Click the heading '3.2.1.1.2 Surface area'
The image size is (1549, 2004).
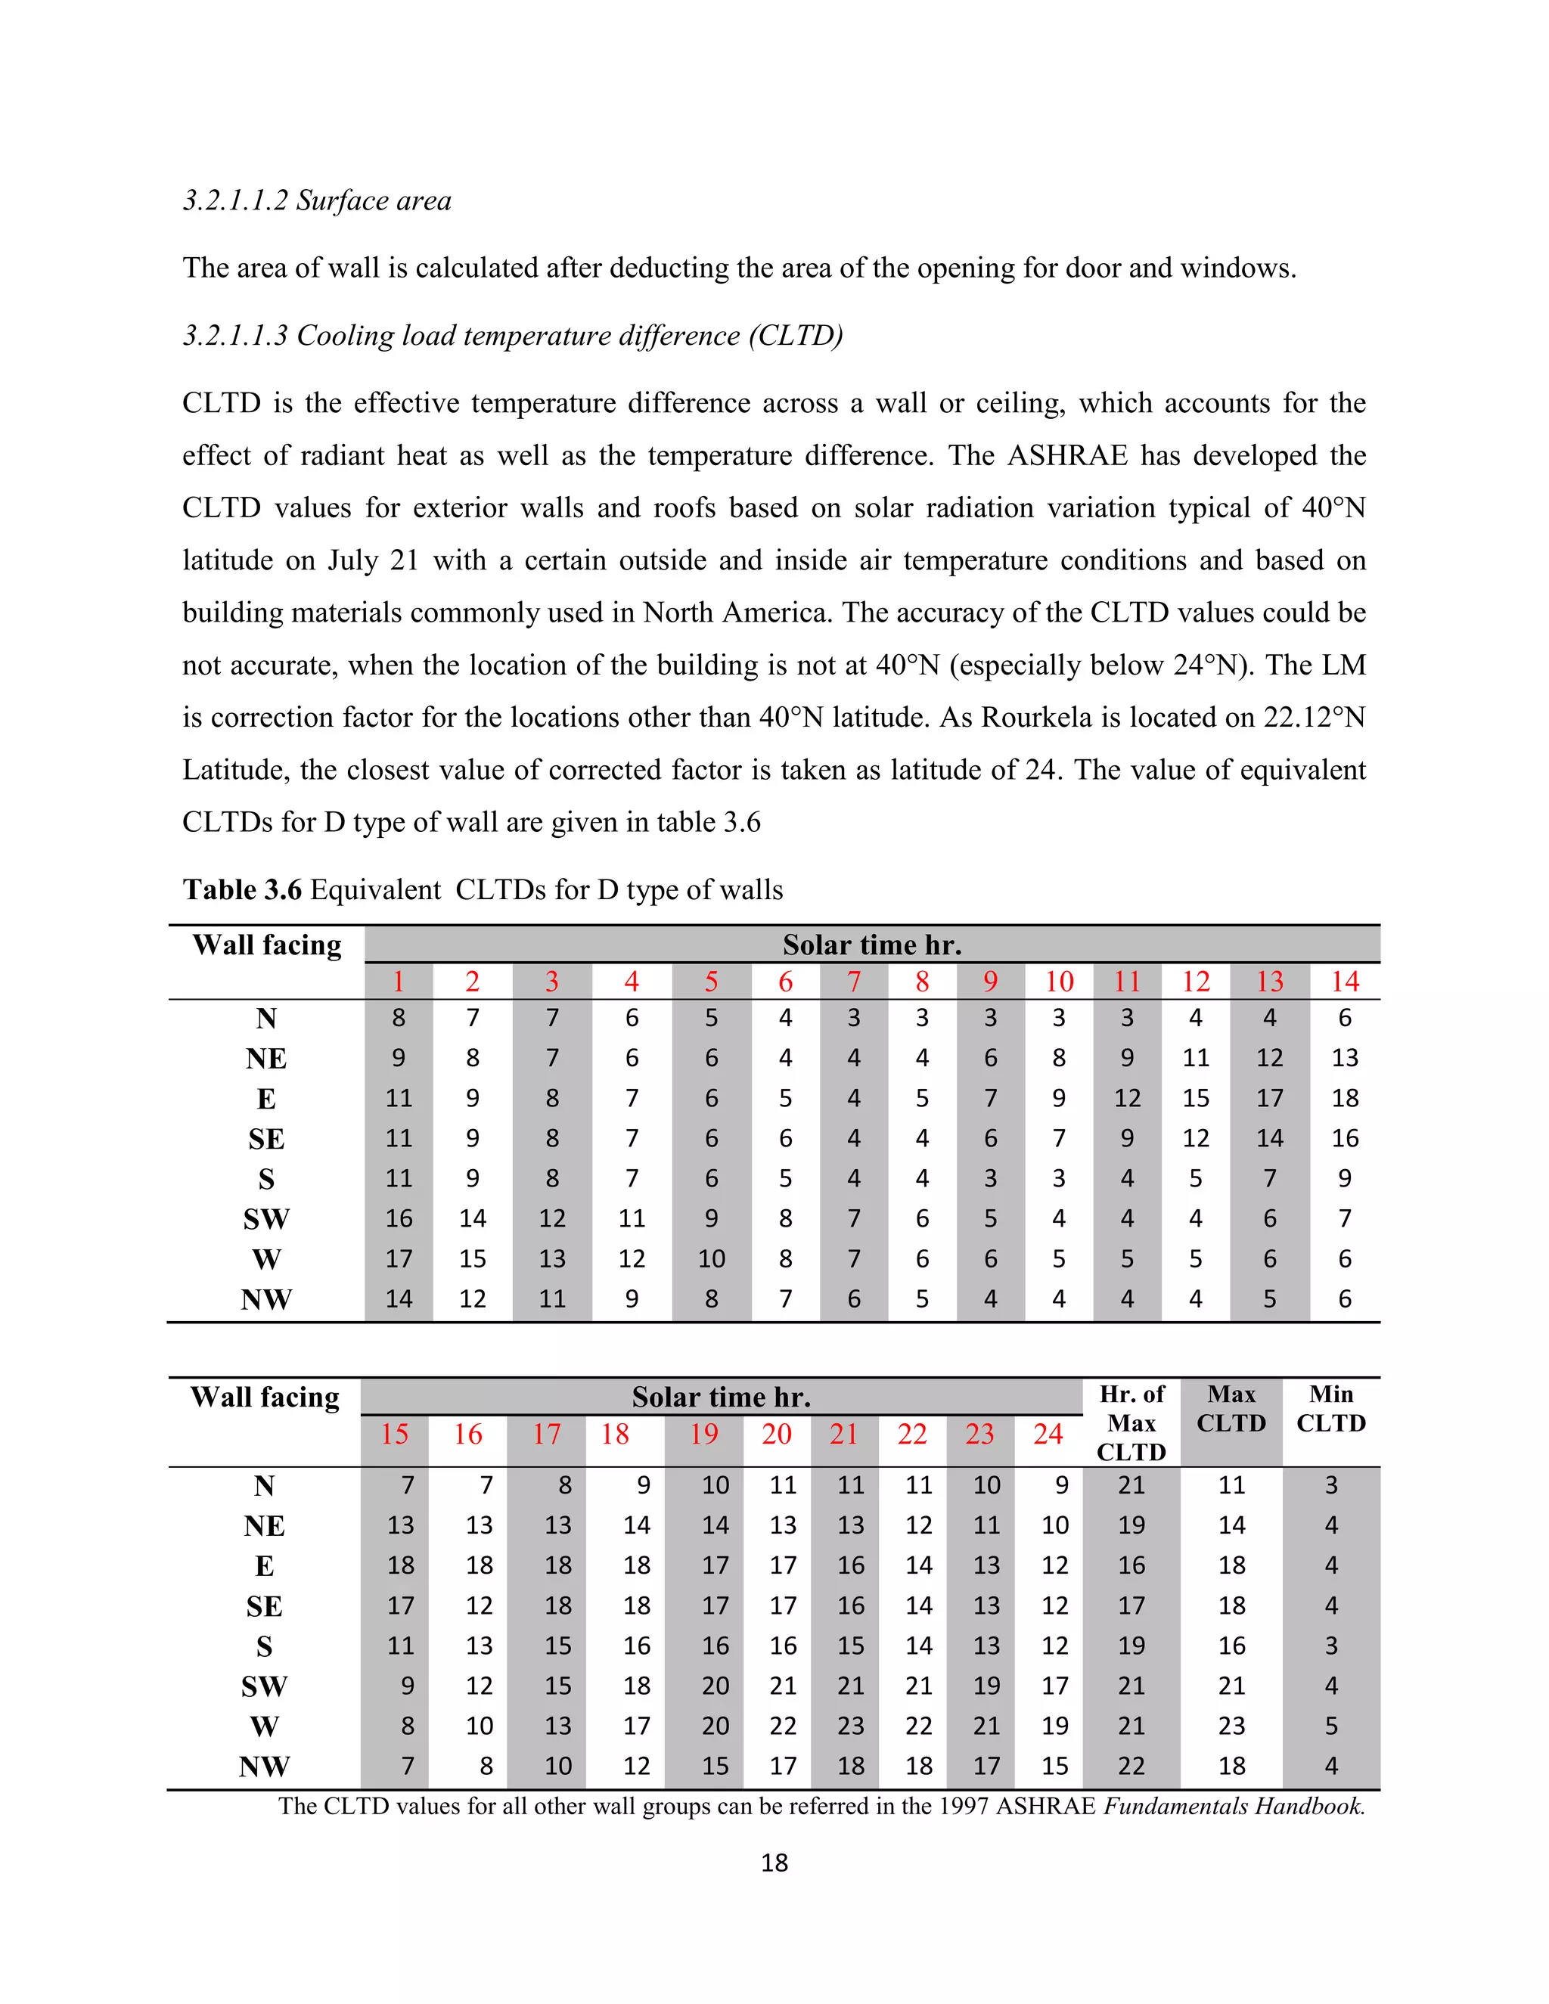point(317,200)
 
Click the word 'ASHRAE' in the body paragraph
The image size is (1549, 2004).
point(1066,455)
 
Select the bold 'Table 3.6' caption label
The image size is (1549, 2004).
point(242,889)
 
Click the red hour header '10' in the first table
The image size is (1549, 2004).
point(1059,981)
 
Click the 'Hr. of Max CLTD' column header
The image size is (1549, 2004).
point(1131,1422)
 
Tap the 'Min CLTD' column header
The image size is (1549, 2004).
point(1330,1409)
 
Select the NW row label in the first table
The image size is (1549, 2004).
point(266,1299)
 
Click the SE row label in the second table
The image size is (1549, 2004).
point(264,1605)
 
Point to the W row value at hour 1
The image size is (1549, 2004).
point(399,1258)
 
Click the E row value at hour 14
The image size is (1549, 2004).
point(1344,1098)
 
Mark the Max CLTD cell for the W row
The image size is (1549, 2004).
point(1231,1726)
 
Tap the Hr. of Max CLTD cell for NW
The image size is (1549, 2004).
point(1131,1767)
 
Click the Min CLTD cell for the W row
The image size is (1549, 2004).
point(1330,1726)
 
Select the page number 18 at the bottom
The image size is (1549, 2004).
point(774,1863)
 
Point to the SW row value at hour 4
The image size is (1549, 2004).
point(632,1218)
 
